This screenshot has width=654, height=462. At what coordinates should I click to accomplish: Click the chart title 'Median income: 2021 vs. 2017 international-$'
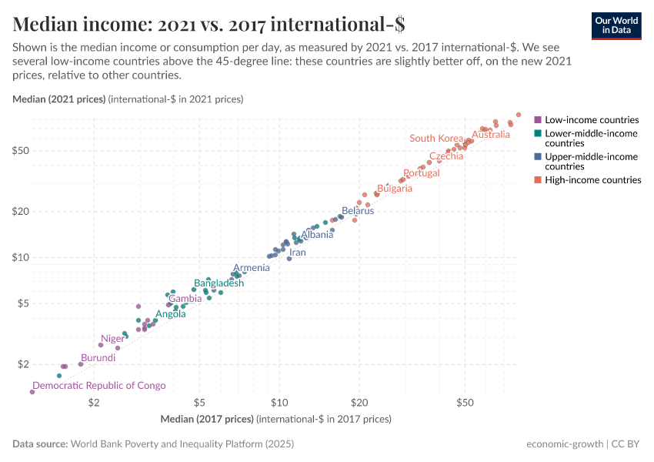(x=209, y=24)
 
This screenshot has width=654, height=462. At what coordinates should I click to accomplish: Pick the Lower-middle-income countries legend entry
(x=591, y=139)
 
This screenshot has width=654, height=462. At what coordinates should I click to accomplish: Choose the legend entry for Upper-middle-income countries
(x=591, y=162)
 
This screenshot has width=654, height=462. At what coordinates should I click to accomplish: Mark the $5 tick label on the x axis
(x=199, y=403)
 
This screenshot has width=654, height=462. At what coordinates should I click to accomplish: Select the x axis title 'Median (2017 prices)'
(x=207, y=420)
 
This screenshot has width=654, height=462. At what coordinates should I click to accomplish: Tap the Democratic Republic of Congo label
(x=98, y=386)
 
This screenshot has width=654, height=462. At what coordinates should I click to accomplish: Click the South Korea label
(x=436, y=139)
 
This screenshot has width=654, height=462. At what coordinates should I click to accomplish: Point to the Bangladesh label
(x=219, y=283)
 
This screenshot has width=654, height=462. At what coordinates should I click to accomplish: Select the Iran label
(x=297, y=253)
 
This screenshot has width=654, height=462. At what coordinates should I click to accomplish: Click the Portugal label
(x=422, y=173)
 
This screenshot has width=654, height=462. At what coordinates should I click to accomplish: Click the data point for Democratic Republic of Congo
(x=32, y=392)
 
